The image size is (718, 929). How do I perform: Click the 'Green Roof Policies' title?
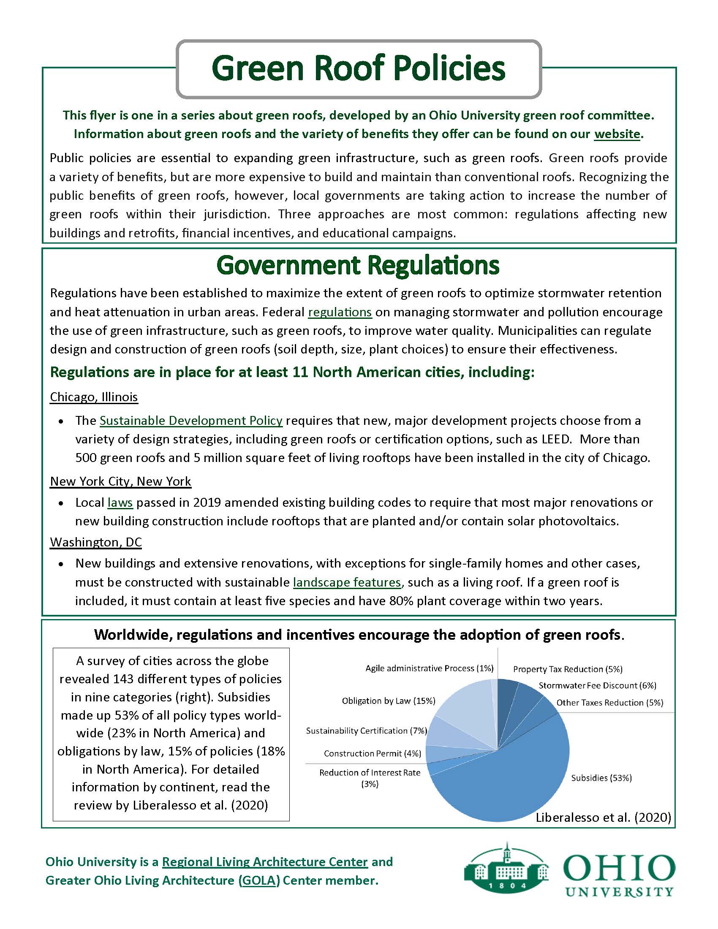click(x=358, y=68)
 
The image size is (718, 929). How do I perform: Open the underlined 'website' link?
click(x=617, y=134)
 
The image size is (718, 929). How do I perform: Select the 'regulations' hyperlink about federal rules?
click(x=340, y=312)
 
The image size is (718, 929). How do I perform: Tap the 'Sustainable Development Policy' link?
click(x=191, y=421)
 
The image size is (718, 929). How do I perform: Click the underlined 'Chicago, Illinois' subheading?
click(x=94, y=397)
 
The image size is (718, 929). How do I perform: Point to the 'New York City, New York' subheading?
click(x=120, y=481)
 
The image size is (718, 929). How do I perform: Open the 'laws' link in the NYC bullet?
click(x=120, y=503)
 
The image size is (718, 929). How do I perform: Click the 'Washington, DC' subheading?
click(x=96, y=542)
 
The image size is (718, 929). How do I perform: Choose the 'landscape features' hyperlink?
click(x=347, y=582)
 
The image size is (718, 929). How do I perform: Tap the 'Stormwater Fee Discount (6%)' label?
click(x=597, y=685)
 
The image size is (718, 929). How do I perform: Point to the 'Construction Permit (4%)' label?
click(x=372, y=753)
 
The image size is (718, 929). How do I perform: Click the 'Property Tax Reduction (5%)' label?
click(x=567, y=669)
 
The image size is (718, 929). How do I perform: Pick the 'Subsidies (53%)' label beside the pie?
click(x=601, y=777)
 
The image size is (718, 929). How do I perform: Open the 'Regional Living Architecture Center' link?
click(x=264, y=862)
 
